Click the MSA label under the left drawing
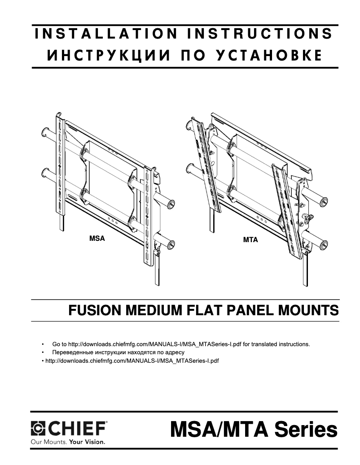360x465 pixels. coord(97,239)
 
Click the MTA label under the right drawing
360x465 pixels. coord(250,240)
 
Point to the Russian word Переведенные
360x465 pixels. coord(73,352)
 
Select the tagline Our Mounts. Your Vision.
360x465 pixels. coord(67,442)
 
